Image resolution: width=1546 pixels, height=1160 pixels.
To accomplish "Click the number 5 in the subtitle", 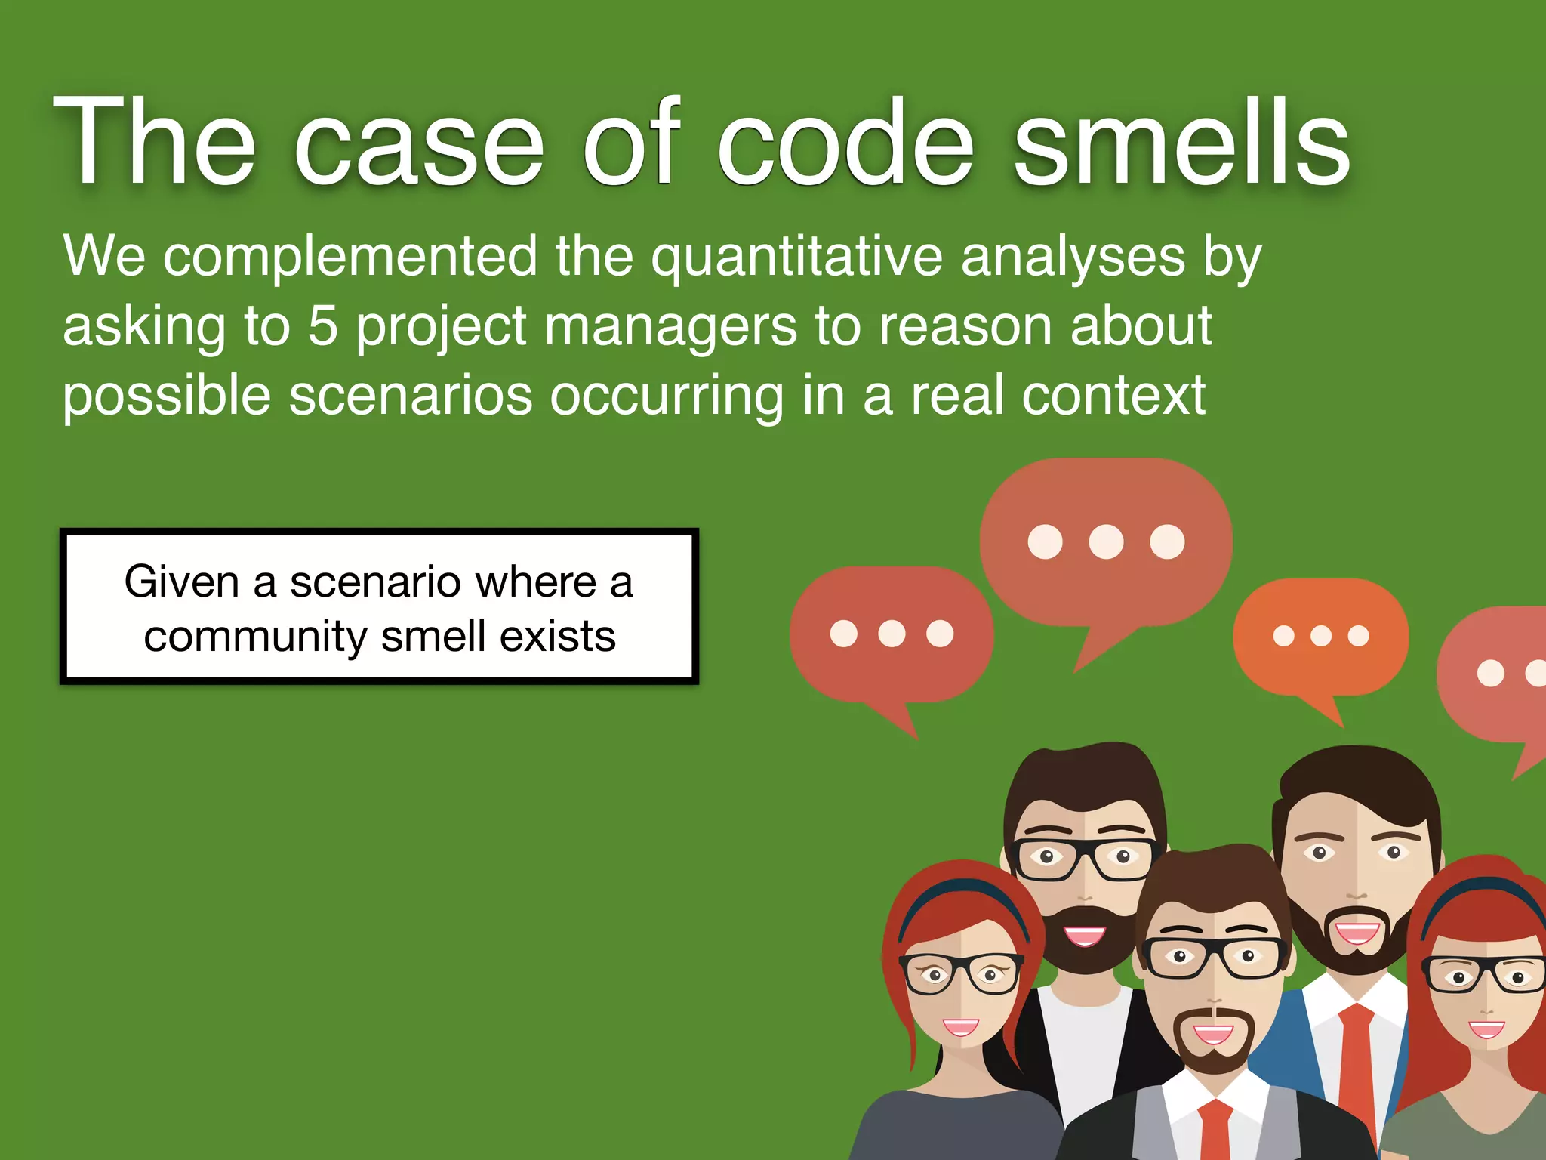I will click(x=322, y=326).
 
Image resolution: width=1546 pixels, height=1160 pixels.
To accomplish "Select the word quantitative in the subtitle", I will click(x=796, y=257).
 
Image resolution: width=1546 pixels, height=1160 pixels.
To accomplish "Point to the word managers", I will click(x=670, y=326).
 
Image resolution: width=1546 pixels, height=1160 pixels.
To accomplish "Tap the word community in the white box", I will click(x=257, y=637).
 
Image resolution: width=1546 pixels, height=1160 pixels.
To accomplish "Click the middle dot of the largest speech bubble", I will click(x=1106, y=541).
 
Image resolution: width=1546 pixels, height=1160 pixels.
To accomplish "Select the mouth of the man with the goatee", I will click(x=1213, y=1035).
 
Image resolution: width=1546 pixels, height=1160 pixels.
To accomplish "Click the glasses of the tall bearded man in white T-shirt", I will click(x=1085, y=857).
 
